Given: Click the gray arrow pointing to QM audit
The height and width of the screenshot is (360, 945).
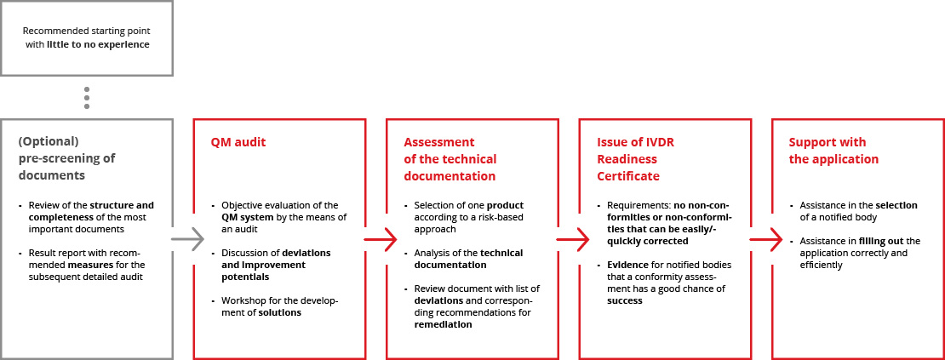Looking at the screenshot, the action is (188, 240).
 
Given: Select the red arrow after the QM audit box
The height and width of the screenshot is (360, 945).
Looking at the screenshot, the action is (381, 240).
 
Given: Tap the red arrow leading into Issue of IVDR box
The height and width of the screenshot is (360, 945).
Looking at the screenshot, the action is (574, 240).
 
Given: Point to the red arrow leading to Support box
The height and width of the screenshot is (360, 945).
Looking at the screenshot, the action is (766, 240).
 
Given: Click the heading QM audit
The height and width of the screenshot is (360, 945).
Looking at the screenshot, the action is (238, 143).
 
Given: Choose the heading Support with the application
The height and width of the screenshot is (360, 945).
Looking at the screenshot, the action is (833, 151).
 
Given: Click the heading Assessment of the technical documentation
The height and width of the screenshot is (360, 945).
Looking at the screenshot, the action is (450, 159).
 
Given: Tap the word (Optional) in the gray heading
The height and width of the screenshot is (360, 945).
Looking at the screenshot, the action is (49, 143).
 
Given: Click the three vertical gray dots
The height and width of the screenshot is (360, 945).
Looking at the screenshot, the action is (87, 98).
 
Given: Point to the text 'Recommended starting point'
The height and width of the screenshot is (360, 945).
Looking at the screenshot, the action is (86, 31).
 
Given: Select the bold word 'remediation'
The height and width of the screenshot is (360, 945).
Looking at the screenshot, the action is (443, 324).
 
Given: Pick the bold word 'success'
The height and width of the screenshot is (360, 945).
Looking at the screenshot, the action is (624, 300).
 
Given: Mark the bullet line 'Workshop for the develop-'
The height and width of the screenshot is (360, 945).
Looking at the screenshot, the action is (280, 301).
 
